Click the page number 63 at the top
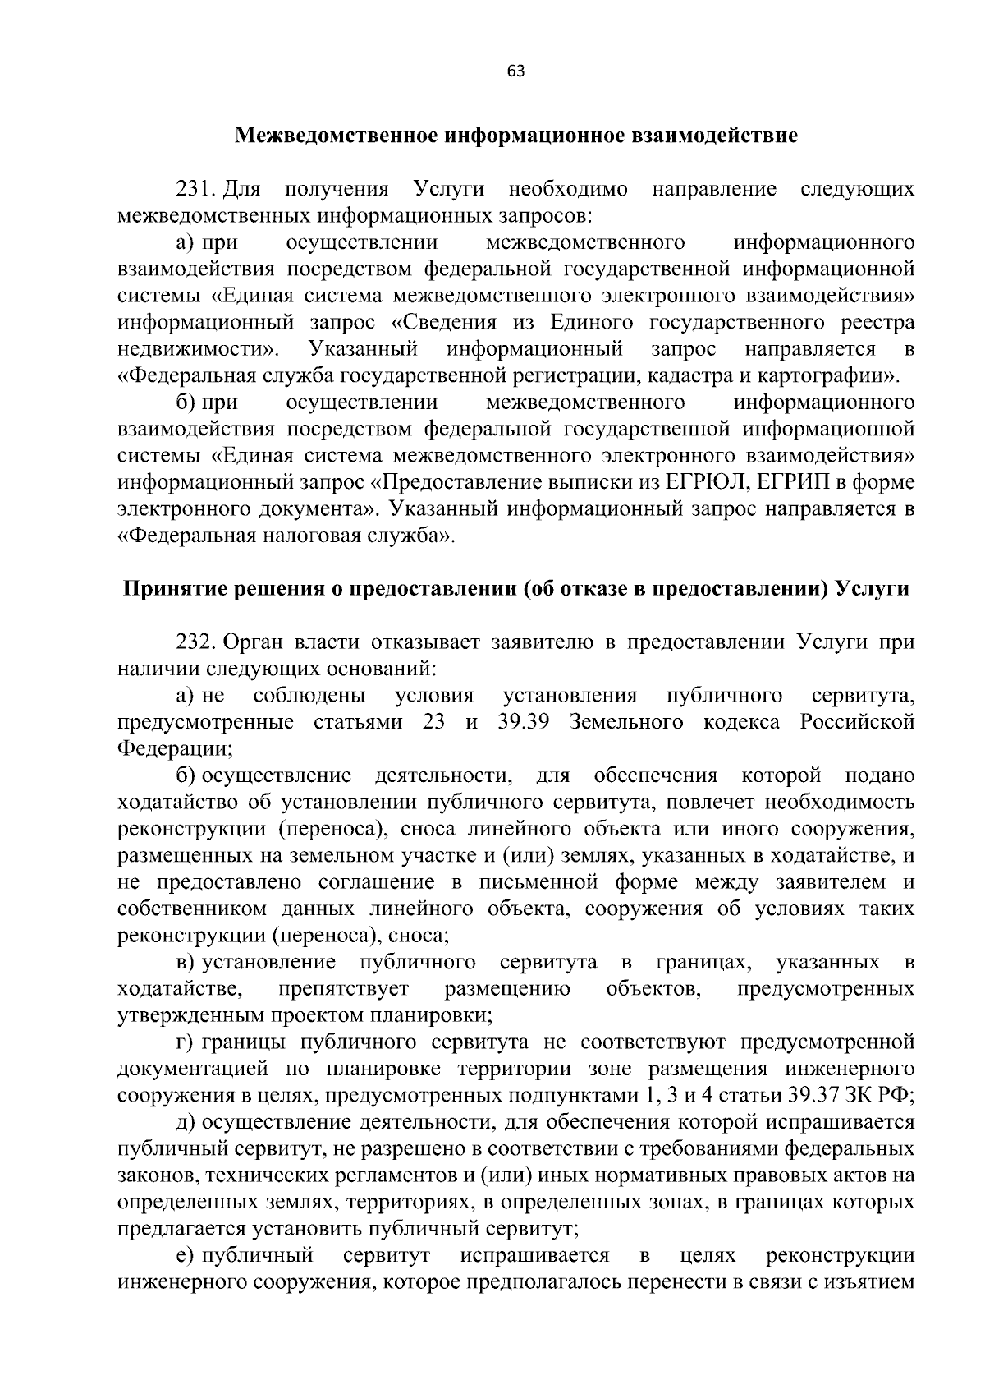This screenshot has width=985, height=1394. [x=515, y=71]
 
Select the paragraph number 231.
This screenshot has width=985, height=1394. [x=195, y=190]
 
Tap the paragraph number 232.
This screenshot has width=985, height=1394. [x=195, y=642]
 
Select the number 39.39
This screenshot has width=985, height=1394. [x=526, y=722]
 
